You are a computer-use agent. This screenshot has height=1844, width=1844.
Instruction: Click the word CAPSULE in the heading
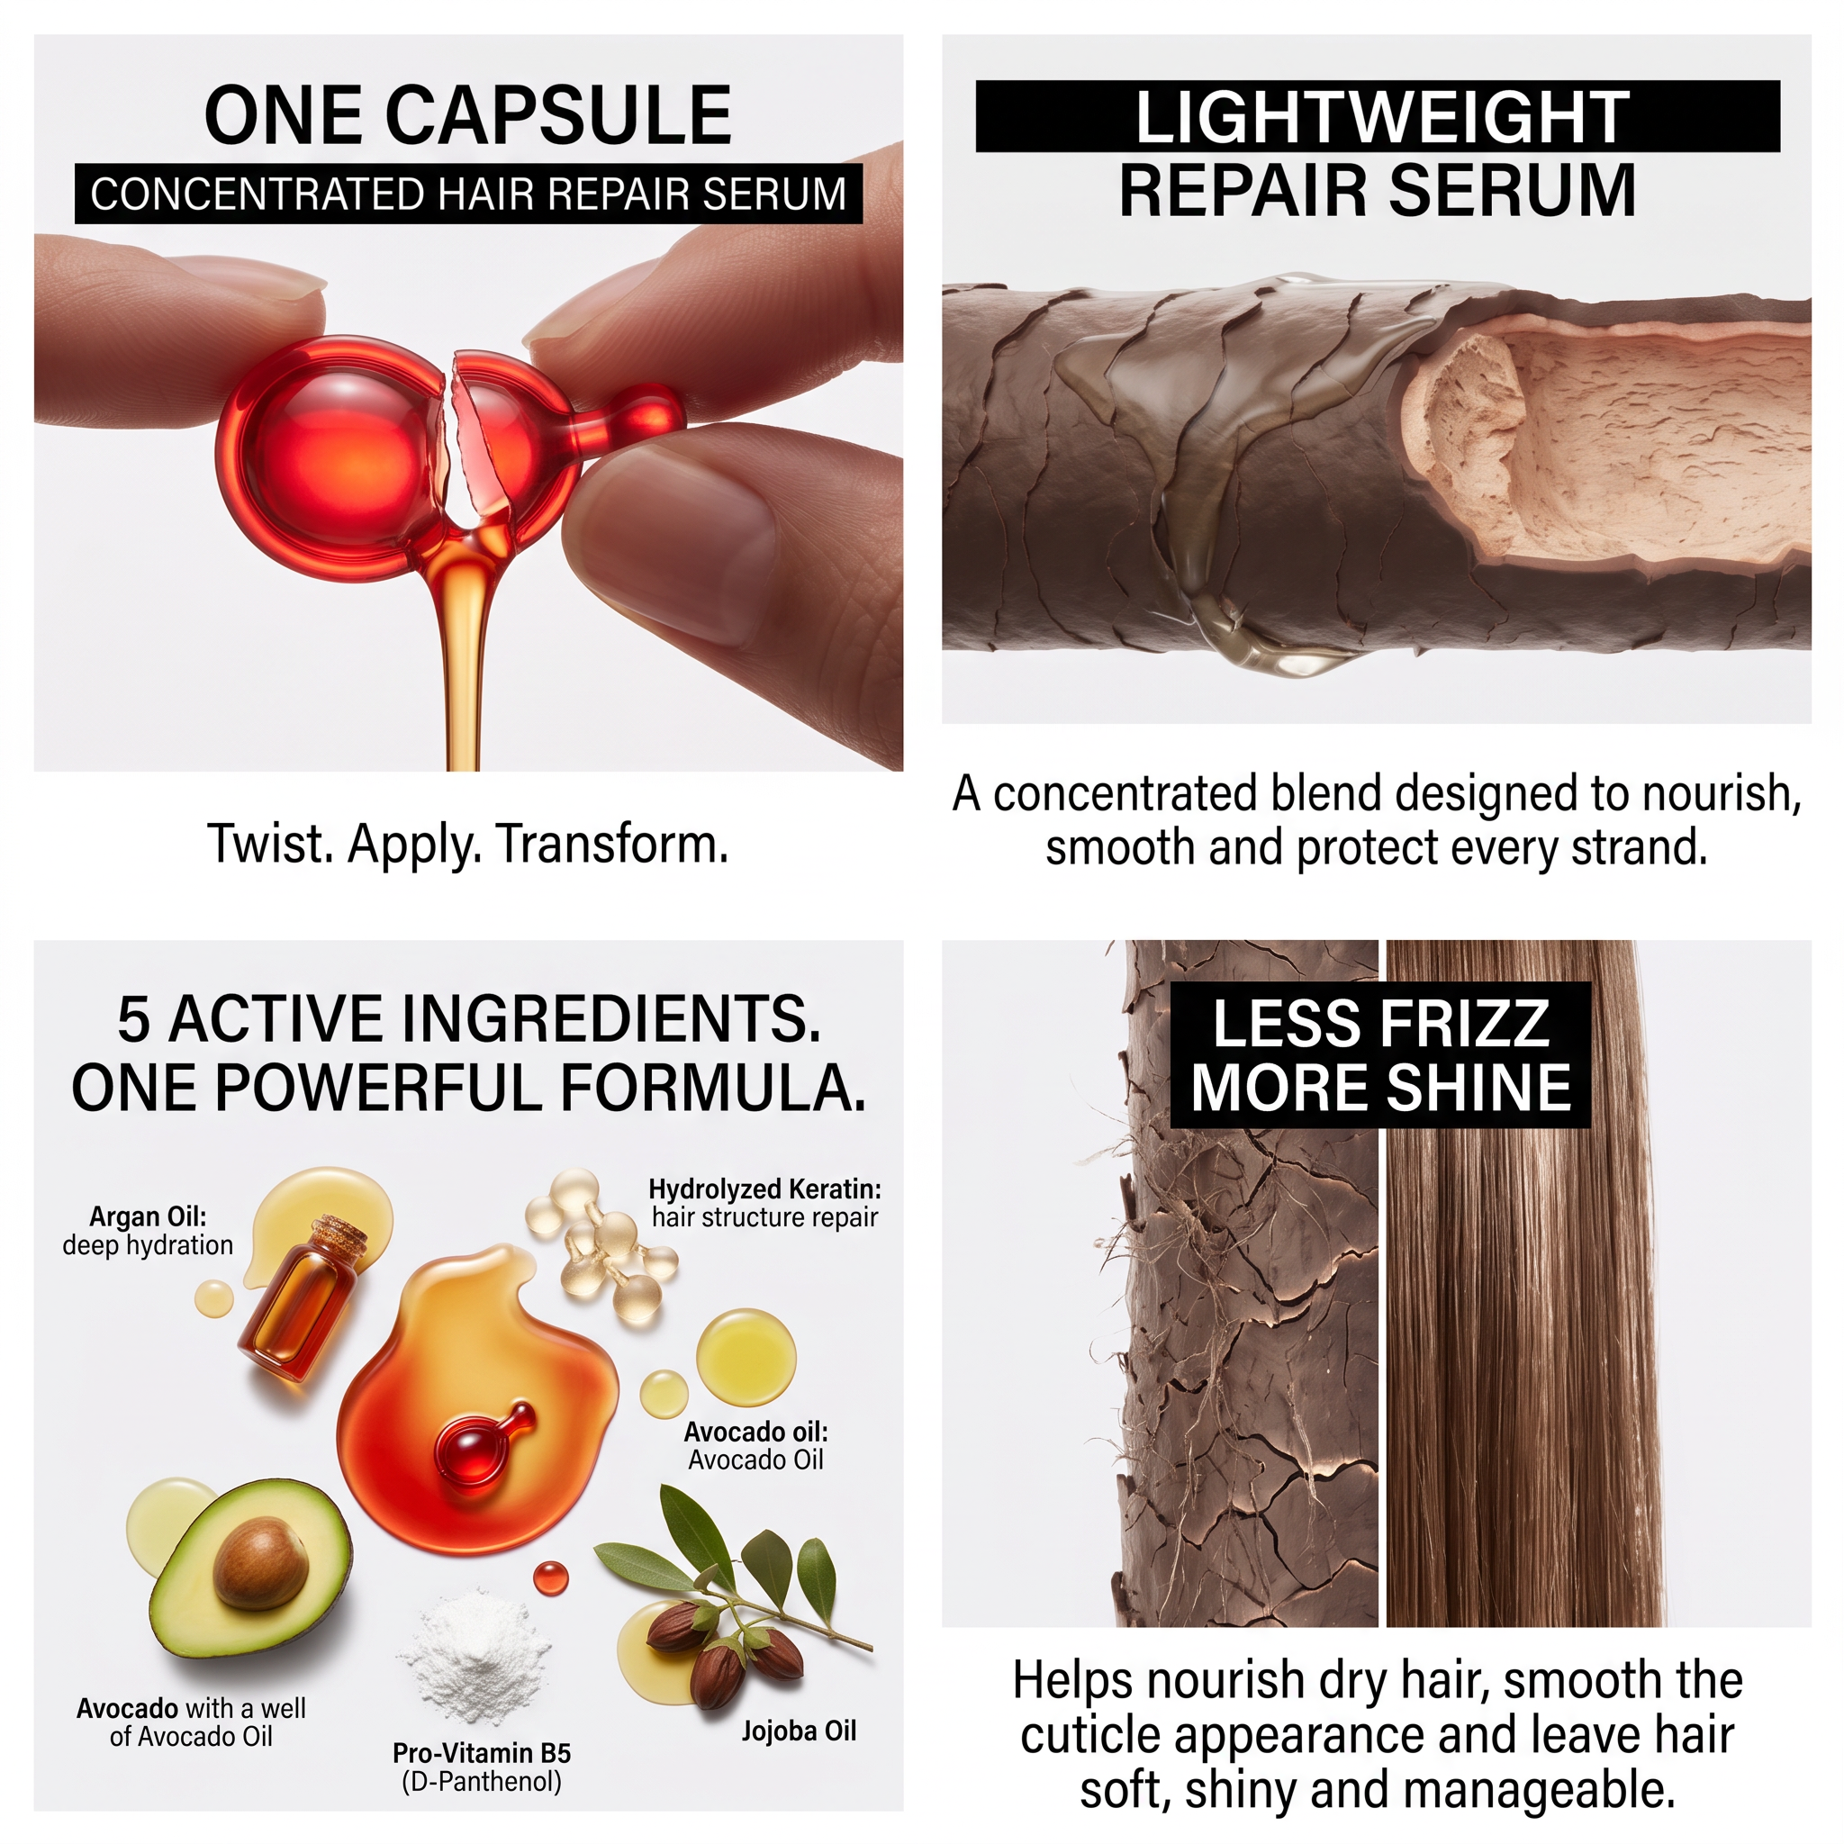(x=558, y=115)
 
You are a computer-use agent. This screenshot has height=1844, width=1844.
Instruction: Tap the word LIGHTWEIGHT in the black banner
(x=1382, y=117)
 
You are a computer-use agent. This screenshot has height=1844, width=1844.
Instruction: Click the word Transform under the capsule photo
(x=611, y=844)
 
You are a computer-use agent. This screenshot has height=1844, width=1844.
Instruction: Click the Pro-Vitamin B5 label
(x=482, y=1752)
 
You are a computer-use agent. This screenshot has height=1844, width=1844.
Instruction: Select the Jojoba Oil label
(x=799, y=1731)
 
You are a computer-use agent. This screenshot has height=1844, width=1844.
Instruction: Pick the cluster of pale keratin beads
(x=601, y=1244)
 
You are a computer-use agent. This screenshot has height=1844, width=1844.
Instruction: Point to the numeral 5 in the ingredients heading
(x=132, y=1018)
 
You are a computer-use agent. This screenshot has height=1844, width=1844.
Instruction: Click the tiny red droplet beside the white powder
(x=551, y=1577)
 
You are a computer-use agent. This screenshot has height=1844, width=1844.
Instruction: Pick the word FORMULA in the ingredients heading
(x=712, y=1088)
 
